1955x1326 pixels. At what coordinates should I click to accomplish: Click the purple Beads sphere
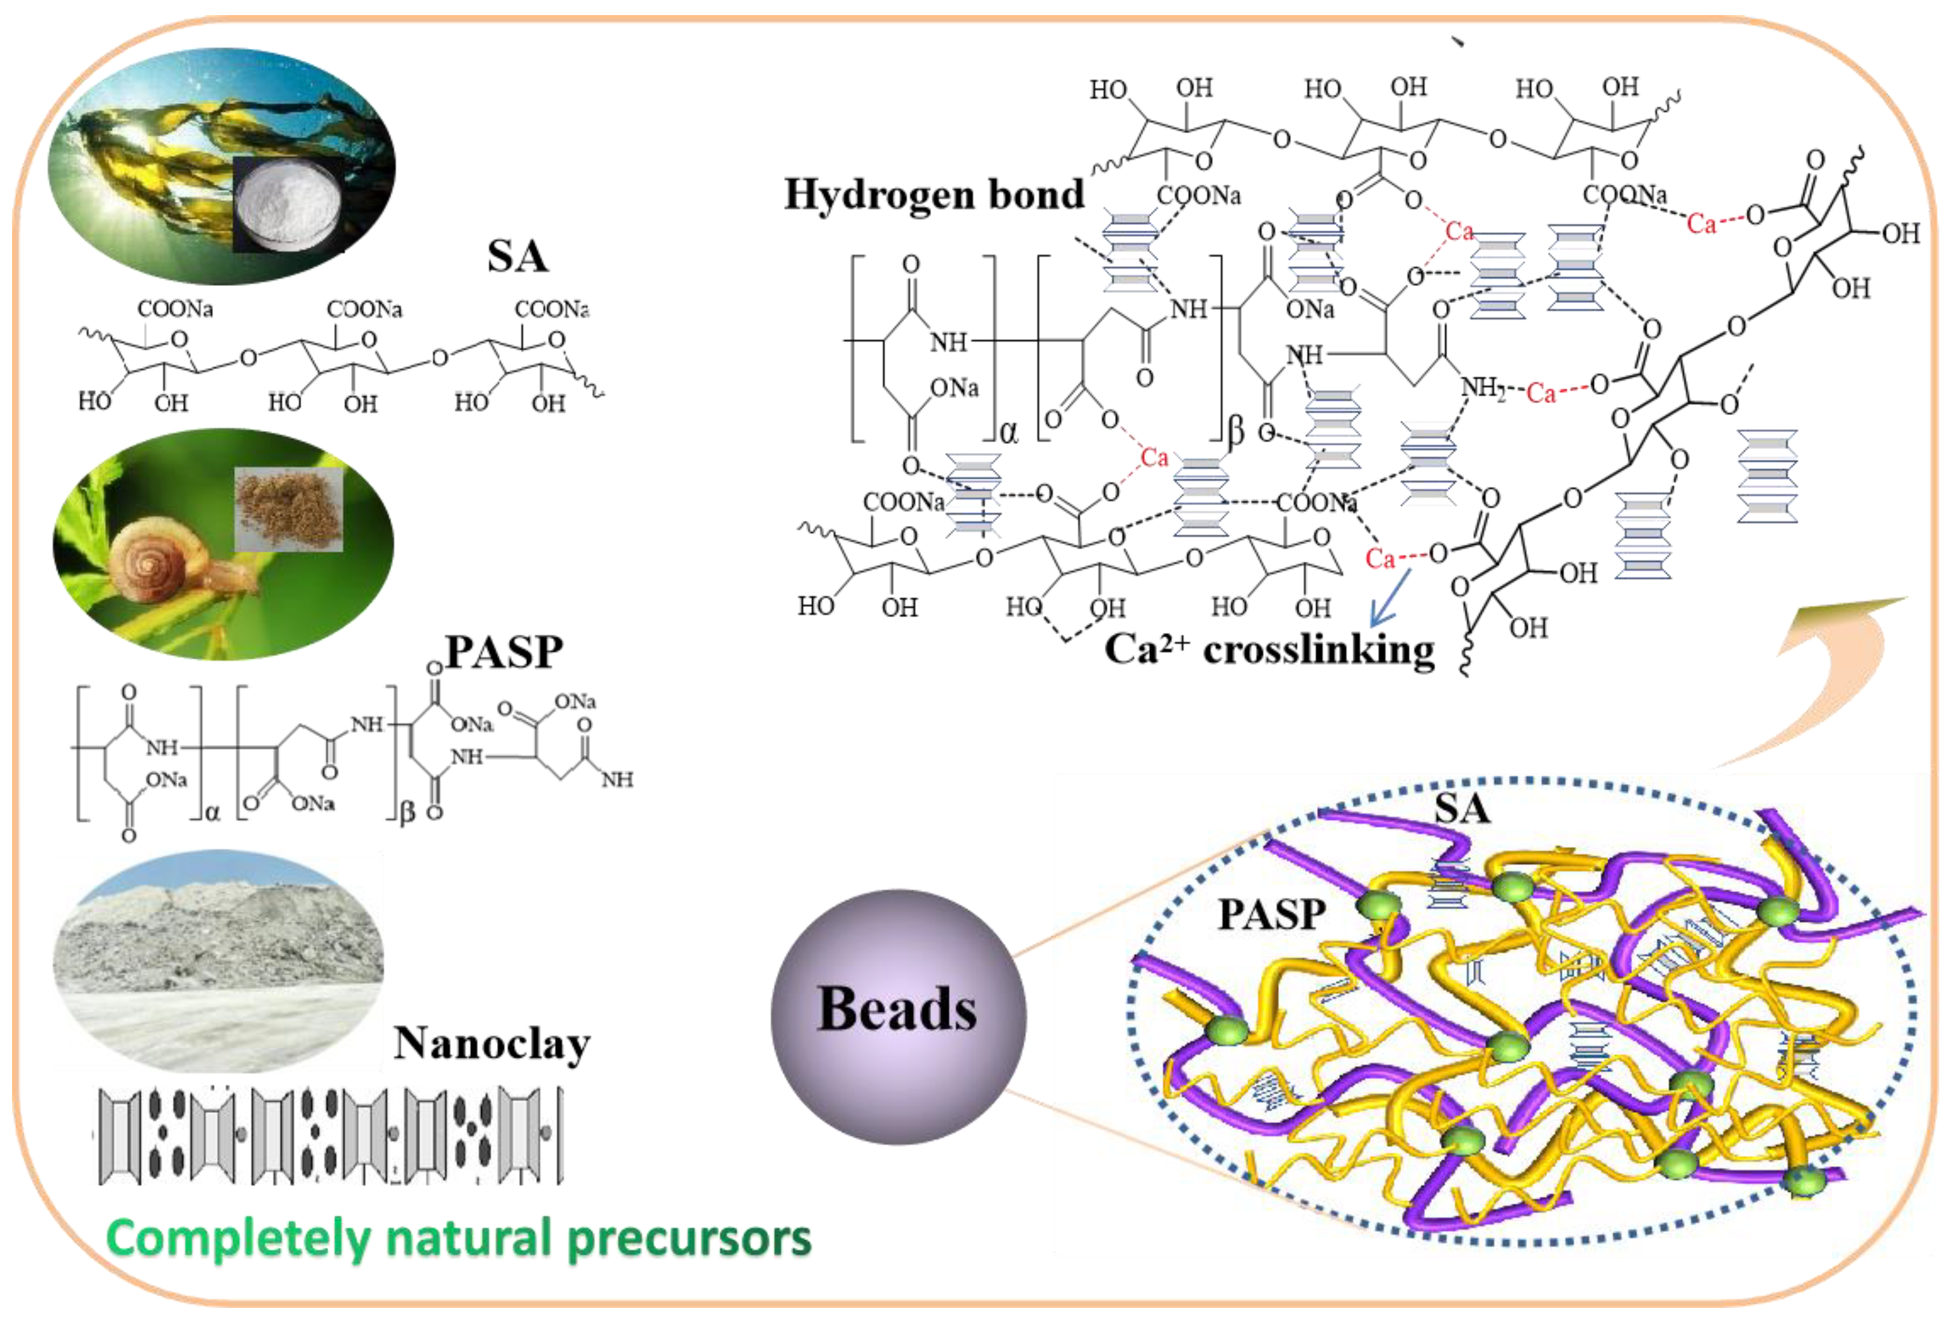pyautogui.click(x=897, y=1017)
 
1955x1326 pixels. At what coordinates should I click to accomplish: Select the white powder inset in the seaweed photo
pyautogui.click(x=288, y=203)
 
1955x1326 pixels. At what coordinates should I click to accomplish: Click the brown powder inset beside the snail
pyautogui.click(x=288, y=508)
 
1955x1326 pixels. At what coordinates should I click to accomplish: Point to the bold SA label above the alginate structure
pyautogui.click(x=517, y=256)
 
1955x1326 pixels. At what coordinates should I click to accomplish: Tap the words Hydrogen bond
pyautogui.click(x=933, y=194)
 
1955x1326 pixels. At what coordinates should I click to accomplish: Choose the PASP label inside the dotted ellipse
pyautogui.click(x=1272, y=915)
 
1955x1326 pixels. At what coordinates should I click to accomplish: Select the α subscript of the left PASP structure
pyautogui.click(x=212, y=813)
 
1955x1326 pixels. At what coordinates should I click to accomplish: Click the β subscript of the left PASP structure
pyautogui.click(x=407, y=813)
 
